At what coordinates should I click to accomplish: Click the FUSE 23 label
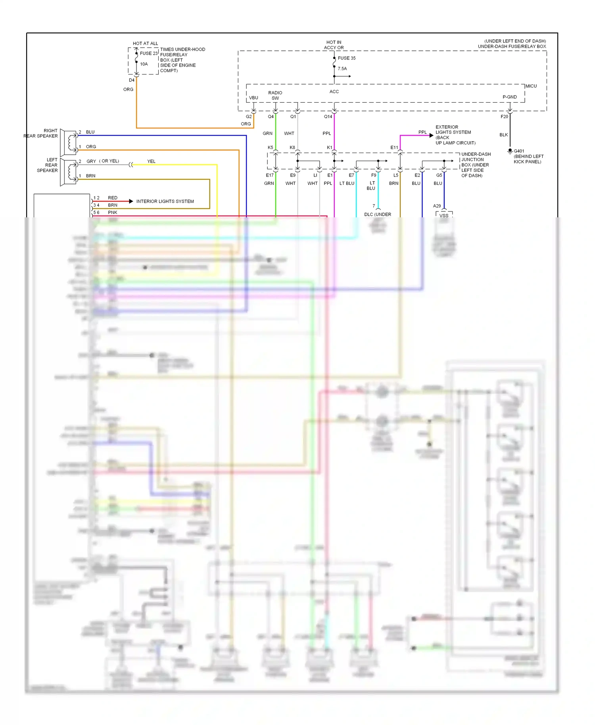[149, 53]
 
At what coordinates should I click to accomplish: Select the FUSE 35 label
[347, 58]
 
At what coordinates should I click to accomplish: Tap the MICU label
[531, 86]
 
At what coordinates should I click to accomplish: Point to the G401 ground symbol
[510, 151]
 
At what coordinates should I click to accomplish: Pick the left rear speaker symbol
[69, 172]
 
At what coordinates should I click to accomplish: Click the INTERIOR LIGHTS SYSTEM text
[165, 201]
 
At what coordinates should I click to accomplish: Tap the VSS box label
[444, 215]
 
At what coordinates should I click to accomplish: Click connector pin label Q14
[328, 117]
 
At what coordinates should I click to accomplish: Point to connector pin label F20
[504, 117]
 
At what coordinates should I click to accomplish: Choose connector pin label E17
[269, 175]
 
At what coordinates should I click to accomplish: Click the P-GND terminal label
[510, 97]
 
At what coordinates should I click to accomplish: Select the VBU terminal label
[253, 98]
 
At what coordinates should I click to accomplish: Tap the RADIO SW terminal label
[275, 95]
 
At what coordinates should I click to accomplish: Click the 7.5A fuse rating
[342, 69]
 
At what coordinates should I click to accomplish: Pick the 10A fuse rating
[144, 64]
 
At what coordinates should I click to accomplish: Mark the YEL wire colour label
[151, 161]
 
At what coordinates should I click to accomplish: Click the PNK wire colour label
[113, 213]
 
